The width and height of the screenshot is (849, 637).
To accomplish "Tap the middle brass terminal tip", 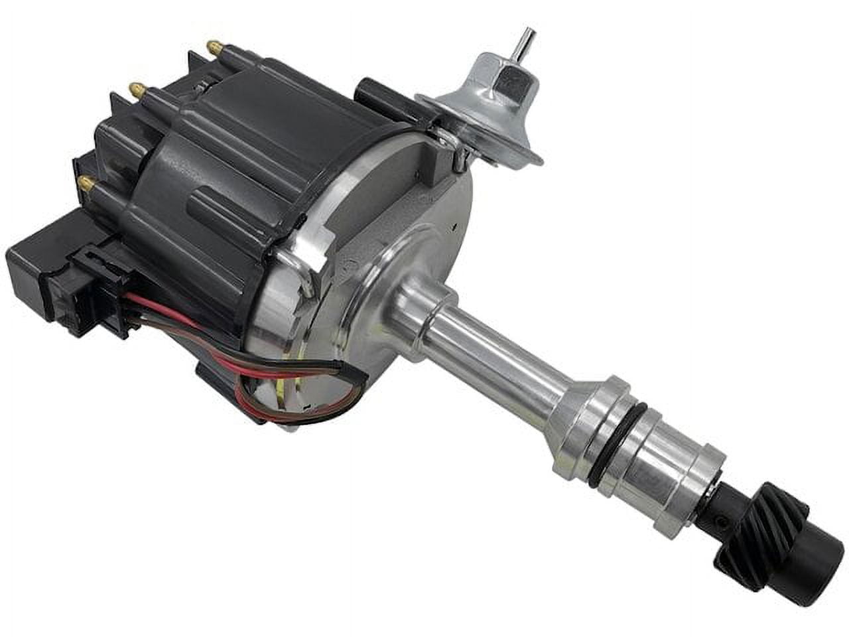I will point(136,88).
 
